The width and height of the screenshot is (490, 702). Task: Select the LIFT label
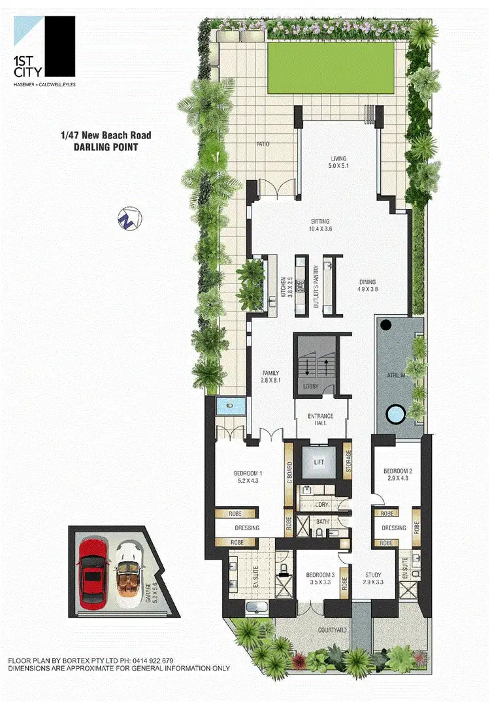[319, 462]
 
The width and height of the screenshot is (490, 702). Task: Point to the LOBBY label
[311, 387]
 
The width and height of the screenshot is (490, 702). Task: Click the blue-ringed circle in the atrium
[395, 413]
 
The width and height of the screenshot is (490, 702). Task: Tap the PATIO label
[263, 144]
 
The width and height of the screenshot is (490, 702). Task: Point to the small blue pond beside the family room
[230, 406]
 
